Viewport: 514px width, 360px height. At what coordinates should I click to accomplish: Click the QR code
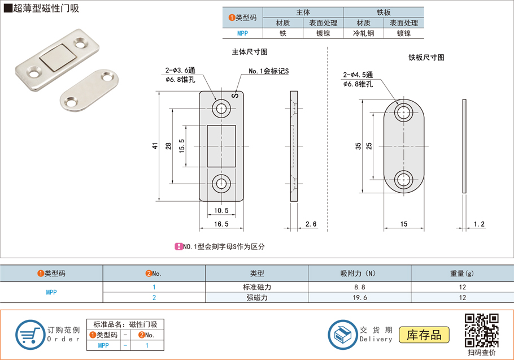[481, 331]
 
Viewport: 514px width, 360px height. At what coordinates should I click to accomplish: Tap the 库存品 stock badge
[424, 335]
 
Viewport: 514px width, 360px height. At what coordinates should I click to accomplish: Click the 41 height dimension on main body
[155, 146]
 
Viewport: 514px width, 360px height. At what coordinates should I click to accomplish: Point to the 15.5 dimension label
[181, 146]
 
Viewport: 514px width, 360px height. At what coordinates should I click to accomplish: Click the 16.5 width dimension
[221, 224]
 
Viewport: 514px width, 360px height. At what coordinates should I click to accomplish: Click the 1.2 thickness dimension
[479, 224]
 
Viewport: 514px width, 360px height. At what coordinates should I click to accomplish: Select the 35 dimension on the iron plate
[358, 146]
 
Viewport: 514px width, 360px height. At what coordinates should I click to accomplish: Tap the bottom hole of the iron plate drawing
[403, 180]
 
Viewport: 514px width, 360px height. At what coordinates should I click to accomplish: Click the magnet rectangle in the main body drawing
[221, 146]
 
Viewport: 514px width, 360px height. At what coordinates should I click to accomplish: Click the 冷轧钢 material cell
[363, 33]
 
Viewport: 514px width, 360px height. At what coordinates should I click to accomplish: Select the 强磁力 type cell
[256, 297]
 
